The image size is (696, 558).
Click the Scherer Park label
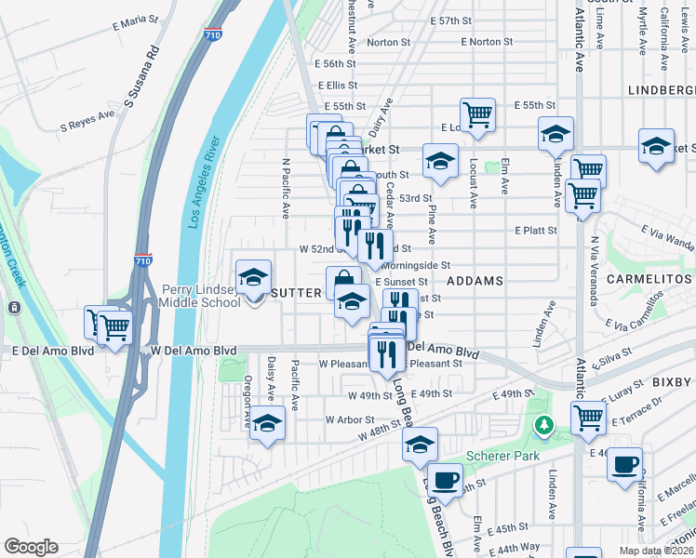[x=503, y=456]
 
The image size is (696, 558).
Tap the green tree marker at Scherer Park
[x=544, y=426]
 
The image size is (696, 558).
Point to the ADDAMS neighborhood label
[x=475, y=280]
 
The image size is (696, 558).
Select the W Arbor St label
[x=349, y=419]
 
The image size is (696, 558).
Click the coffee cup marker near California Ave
[x=624, y=462]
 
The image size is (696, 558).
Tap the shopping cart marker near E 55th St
[x=478, y=115]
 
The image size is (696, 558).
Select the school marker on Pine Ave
[x=439, y=161]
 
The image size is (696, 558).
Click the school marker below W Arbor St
[x=268, y=423]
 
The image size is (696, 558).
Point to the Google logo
[x=31, y=547]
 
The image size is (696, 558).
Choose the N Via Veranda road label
[x=593, y=270]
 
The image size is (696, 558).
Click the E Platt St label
[x=535, y=230]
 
